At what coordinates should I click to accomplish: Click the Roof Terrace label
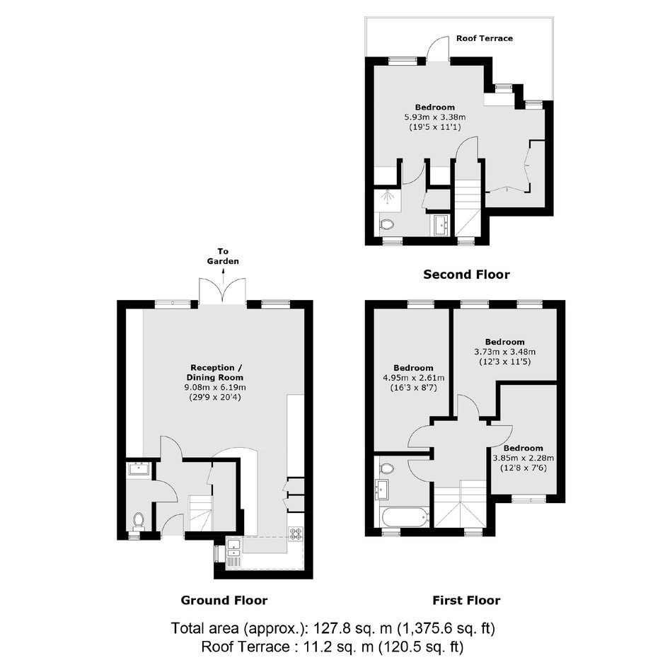point(485,38)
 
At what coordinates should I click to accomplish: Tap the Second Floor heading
point(466,274)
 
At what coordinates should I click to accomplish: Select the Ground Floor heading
point(224,600)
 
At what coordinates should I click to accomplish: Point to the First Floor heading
point(466,600)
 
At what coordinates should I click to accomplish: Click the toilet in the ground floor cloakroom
point(138,521)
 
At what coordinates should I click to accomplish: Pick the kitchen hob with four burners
point(296,533)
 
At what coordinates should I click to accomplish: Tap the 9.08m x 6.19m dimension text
point(215,387)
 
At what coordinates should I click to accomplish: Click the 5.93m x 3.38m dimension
point(434,117)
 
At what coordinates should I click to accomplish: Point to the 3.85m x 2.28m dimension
point(524,458)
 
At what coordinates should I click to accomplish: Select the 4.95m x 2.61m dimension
point(414,378)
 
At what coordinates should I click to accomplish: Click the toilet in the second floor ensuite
point(386,224)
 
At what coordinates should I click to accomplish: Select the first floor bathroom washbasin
point(383,490)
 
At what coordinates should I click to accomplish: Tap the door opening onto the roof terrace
point(438,48)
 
